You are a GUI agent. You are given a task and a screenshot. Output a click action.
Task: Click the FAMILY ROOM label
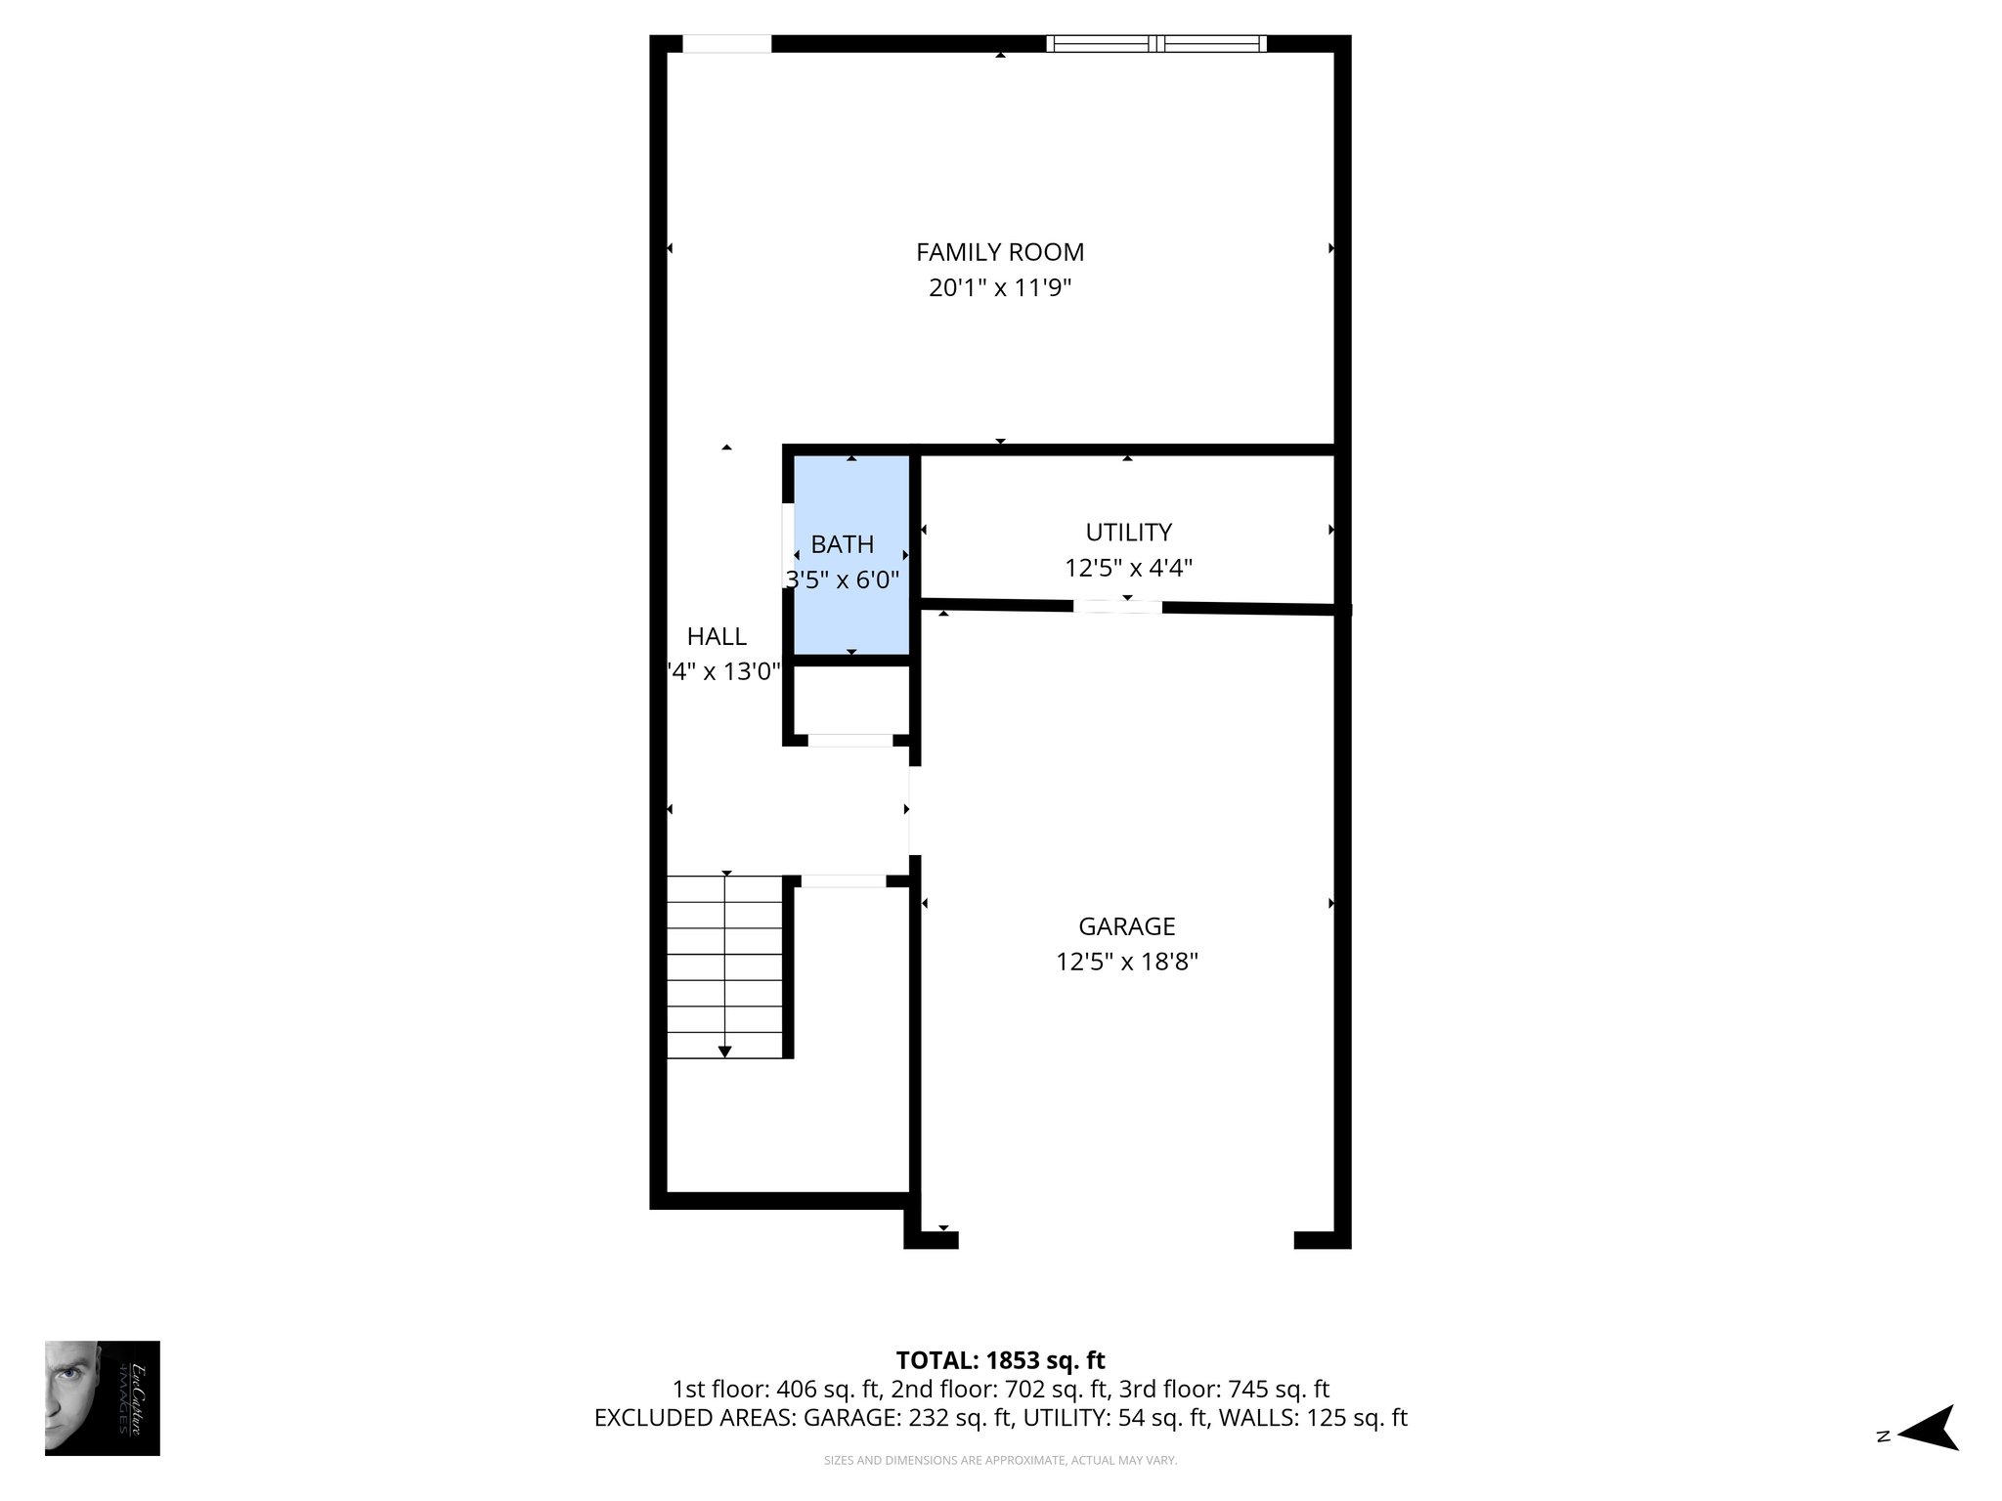tap(1000, 252)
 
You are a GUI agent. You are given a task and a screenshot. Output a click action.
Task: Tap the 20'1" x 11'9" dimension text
tap(1000, 288)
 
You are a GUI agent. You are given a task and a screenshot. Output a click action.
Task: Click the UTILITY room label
tap(1128, 533)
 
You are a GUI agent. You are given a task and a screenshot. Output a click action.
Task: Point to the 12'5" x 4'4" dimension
tap(1128, 568)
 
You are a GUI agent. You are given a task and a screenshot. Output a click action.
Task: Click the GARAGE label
tap(1126, 925)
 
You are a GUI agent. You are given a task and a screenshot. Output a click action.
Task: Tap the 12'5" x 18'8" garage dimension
tap(1126, 962)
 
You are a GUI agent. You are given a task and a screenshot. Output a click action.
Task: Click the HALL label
tap(717, 636)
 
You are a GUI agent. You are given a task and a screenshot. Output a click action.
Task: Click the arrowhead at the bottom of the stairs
tap(724, 1051)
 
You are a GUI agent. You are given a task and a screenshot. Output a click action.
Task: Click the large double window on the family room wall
tap(1156, 43)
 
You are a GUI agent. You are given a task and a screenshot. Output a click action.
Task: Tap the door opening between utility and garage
tap(1117, 607)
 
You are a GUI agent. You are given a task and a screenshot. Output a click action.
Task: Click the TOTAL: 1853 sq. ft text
tap(1000, 1360)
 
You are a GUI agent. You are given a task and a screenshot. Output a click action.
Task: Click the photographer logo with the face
tap(102, 1397)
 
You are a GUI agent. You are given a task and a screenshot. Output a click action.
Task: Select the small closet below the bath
tap(850, 700)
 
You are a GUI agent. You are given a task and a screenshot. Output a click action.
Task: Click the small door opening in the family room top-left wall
tap(726, 43)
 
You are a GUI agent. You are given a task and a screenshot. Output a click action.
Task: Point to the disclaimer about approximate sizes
tap(1000, 1461)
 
